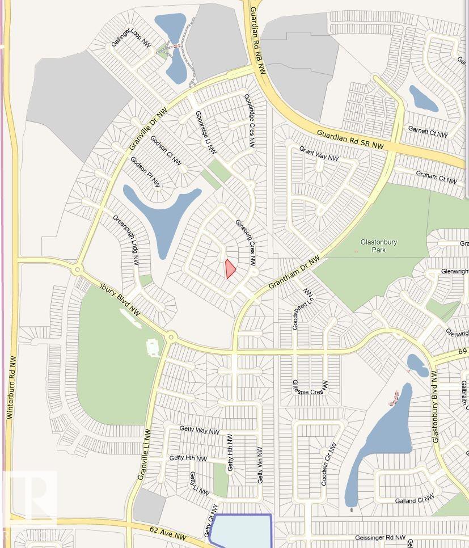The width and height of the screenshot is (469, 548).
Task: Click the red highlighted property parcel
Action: [229, 268]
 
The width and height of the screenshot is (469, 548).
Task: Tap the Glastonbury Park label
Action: [379, 246]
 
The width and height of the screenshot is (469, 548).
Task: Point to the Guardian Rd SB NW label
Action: [350, 140]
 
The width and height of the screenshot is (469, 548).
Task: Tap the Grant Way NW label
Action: [318, 153]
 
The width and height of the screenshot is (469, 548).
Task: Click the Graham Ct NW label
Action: [436, 177]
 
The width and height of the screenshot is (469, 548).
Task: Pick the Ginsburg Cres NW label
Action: [246, 242]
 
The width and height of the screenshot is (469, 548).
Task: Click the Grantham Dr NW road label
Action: [294, 272]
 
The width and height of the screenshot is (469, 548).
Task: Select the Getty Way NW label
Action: [199, 430]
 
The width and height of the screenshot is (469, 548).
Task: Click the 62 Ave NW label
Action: [168, 534]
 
